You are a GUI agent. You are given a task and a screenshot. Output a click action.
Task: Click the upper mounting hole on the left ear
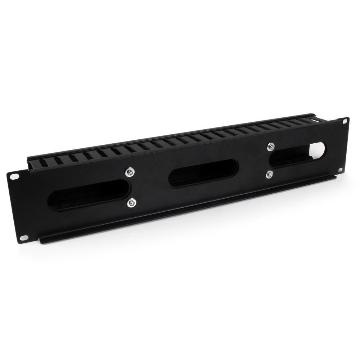15,176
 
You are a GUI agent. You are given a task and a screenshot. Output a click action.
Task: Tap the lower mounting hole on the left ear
24,238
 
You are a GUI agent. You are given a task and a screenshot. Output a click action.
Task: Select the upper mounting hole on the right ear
345,122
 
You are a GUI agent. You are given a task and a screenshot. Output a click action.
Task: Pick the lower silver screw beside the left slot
131,204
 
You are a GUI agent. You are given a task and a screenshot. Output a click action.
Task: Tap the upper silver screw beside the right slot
271,147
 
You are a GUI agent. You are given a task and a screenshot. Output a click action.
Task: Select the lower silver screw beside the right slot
269,175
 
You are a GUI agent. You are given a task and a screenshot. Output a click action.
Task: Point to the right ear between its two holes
342,145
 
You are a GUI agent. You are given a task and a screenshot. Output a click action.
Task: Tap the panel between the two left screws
130,188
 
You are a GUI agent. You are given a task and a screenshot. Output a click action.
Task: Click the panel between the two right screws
270,161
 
